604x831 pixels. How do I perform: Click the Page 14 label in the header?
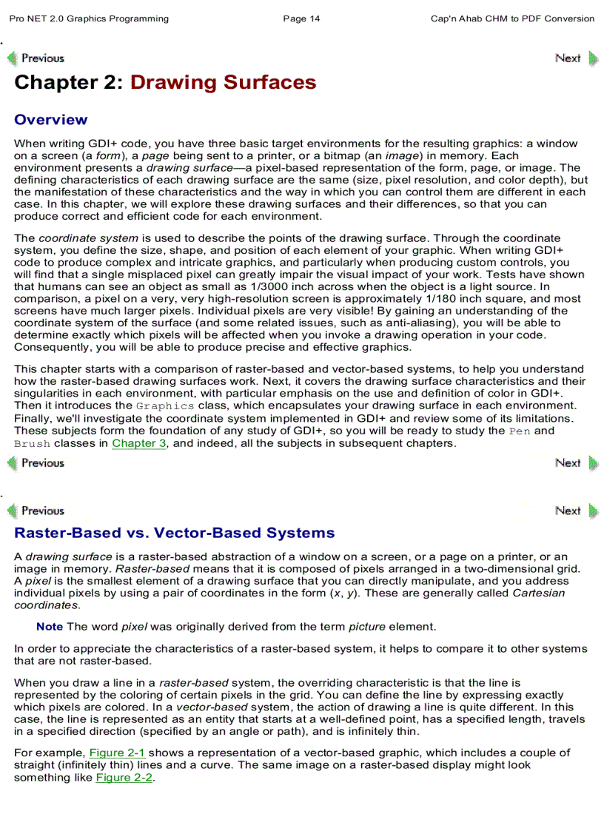(301, 18)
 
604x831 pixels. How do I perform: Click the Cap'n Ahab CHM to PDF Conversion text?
(512, 18)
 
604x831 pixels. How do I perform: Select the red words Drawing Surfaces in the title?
(224, 83)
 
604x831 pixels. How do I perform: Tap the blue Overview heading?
(50, 120)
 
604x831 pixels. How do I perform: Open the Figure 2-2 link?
(124, 778)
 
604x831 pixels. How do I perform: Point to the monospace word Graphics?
(165, 406)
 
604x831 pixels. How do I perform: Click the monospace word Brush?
(32, 444)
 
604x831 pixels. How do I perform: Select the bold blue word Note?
(50, 627)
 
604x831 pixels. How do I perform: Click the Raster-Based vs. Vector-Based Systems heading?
(174, 533)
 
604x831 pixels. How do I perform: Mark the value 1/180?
(398, 299)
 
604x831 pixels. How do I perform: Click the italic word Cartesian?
(538, 593)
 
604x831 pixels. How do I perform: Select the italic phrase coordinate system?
(88, 238)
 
